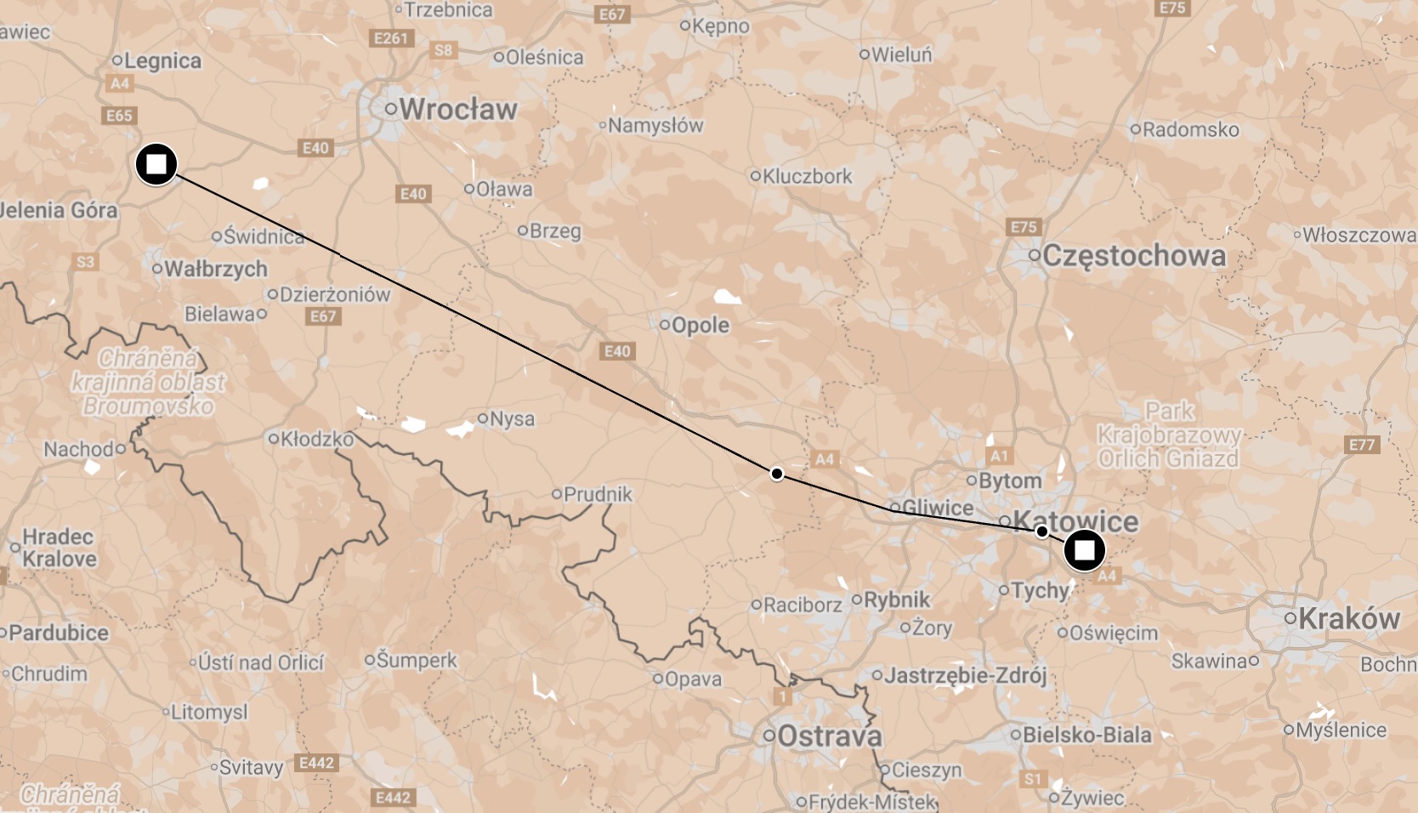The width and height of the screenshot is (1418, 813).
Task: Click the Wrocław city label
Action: pyautogui.click(x=457, y=109)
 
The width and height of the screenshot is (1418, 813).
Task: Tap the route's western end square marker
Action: pyautogui.click(x=156, y=164)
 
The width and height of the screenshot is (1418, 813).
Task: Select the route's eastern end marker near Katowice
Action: pyautogui.click(x=1084, y=550)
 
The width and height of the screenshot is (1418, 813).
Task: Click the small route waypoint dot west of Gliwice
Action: pyautogui.click(x=776, y=474)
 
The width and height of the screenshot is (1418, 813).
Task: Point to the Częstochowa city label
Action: pyautogui.click(x=1133, y=255)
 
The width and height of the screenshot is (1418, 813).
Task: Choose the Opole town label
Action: pyautogui.click(x=700, y=325)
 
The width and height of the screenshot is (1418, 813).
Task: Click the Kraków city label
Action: pyautogui.click(x=1348, y=618)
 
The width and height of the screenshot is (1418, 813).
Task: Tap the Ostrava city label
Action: pyautogui.click(x=829, y=736)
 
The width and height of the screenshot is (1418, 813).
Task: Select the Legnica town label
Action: pyautogui.click(x=162, y=60)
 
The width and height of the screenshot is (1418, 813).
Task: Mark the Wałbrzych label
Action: pyautogui.click(x=215, y=269)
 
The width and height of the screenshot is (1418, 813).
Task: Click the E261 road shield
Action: pyautogui.click(x=391, y=38)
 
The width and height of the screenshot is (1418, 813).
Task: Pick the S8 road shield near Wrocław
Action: pyautogui.click(x=444, y=50)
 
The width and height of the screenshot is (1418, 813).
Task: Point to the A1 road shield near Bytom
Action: pyautogui.click(x=999, y=457)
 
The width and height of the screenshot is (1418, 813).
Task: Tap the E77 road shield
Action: pyautogui.click(x=1361, y=444)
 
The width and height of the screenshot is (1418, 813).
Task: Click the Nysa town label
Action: pyautogui.click(x=512, y=418)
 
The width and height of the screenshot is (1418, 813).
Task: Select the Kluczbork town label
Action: pyautogui.click(x=807, y=176)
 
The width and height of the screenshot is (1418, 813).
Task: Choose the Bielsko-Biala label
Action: pyautogui.click(x=1086, y=735)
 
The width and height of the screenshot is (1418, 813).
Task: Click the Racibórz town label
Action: pyautogui.click(x=802, y=605)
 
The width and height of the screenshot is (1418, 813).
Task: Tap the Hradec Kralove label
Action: pyautogui.click(x=59, y=548)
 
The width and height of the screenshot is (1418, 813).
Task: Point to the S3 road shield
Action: pyautogui.click(x=85, y=262)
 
